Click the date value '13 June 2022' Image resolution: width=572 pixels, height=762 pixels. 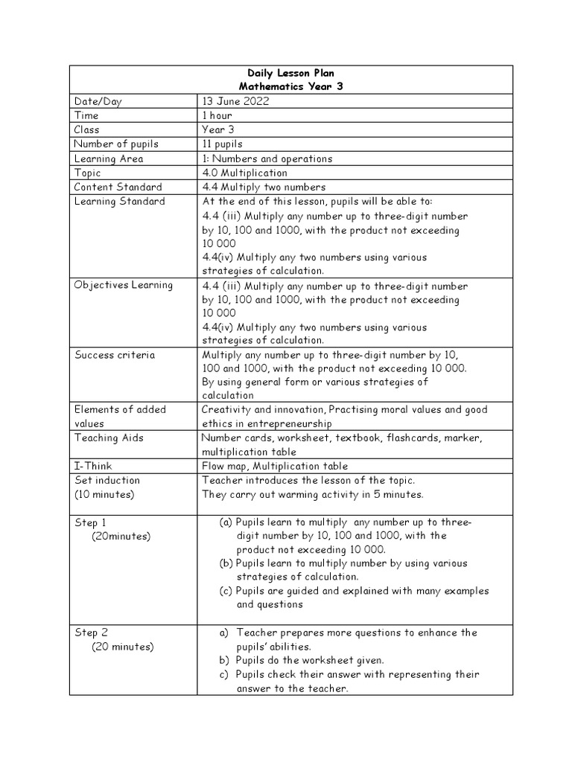[x=235, y=101]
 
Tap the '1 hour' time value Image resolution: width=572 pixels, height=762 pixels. [x=217, y=115]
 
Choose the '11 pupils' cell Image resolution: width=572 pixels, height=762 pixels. [x=222, y=144]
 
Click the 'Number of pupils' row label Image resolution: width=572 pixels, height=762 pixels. [x=116, y=144]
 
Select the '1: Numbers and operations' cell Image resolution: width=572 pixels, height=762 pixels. [x=267, y=159]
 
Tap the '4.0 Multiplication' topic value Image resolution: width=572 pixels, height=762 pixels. [x=244, y=173]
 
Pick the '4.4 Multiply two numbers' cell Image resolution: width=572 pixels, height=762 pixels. [x=264, y=187]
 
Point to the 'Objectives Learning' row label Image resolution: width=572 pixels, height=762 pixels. [x=124, y=285]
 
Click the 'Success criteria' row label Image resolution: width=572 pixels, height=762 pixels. [x=115, y=355]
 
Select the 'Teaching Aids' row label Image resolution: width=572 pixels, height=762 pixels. [x=109, y=438]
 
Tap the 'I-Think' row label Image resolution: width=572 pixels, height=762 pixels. [x=93, y=466]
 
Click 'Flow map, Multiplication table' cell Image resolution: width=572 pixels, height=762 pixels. [x=274, y=466]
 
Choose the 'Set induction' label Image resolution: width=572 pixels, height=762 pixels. [x=107, y=480]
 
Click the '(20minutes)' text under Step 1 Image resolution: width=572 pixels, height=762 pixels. [x=121, y=536]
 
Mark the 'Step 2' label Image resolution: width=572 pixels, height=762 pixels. [x=92, y=633]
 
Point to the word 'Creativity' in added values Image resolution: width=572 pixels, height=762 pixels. [x=226, y=409]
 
